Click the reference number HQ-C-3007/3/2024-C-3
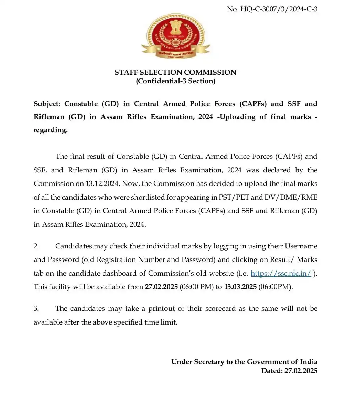[x=272, y=9]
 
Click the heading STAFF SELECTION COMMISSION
[x=175, y=72]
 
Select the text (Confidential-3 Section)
[x=175, y=81]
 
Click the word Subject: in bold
[x=47, y=104]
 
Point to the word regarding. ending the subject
[x=51, y=130]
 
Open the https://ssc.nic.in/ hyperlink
[x=281, y=273]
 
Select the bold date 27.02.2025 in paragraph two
[x=161, y=287]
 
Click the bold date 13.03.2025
[x=240, y=287]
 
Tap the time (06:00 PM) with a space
[x=196, y=287]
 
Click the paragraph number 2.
[x=36, y=246]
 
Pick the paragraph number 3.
[x=36, y=308]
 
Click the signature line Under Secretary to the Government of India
[x=244, y=362]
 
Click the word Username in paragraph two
[x=301, y=246]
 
